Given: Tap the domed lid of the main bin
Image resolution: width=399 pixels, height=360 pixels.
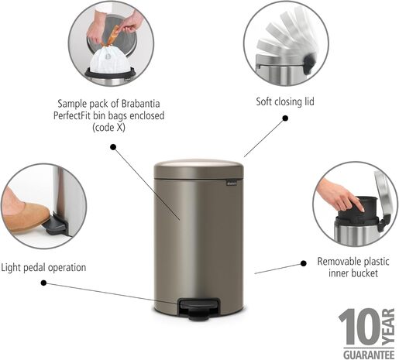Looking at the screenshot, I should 198,166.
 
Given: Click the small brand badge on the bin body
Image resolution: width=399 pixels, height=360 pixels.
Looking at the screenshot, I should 230,183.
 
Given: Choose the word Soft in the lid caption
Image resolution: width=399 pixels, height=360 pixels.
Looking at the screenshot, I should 267,101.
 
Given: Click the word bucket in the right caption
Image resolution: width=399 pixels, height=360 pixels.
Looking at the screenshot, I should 365,274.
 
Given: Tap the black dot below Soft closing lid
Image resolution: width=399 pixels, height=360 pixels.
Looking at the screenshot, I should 285,118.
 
